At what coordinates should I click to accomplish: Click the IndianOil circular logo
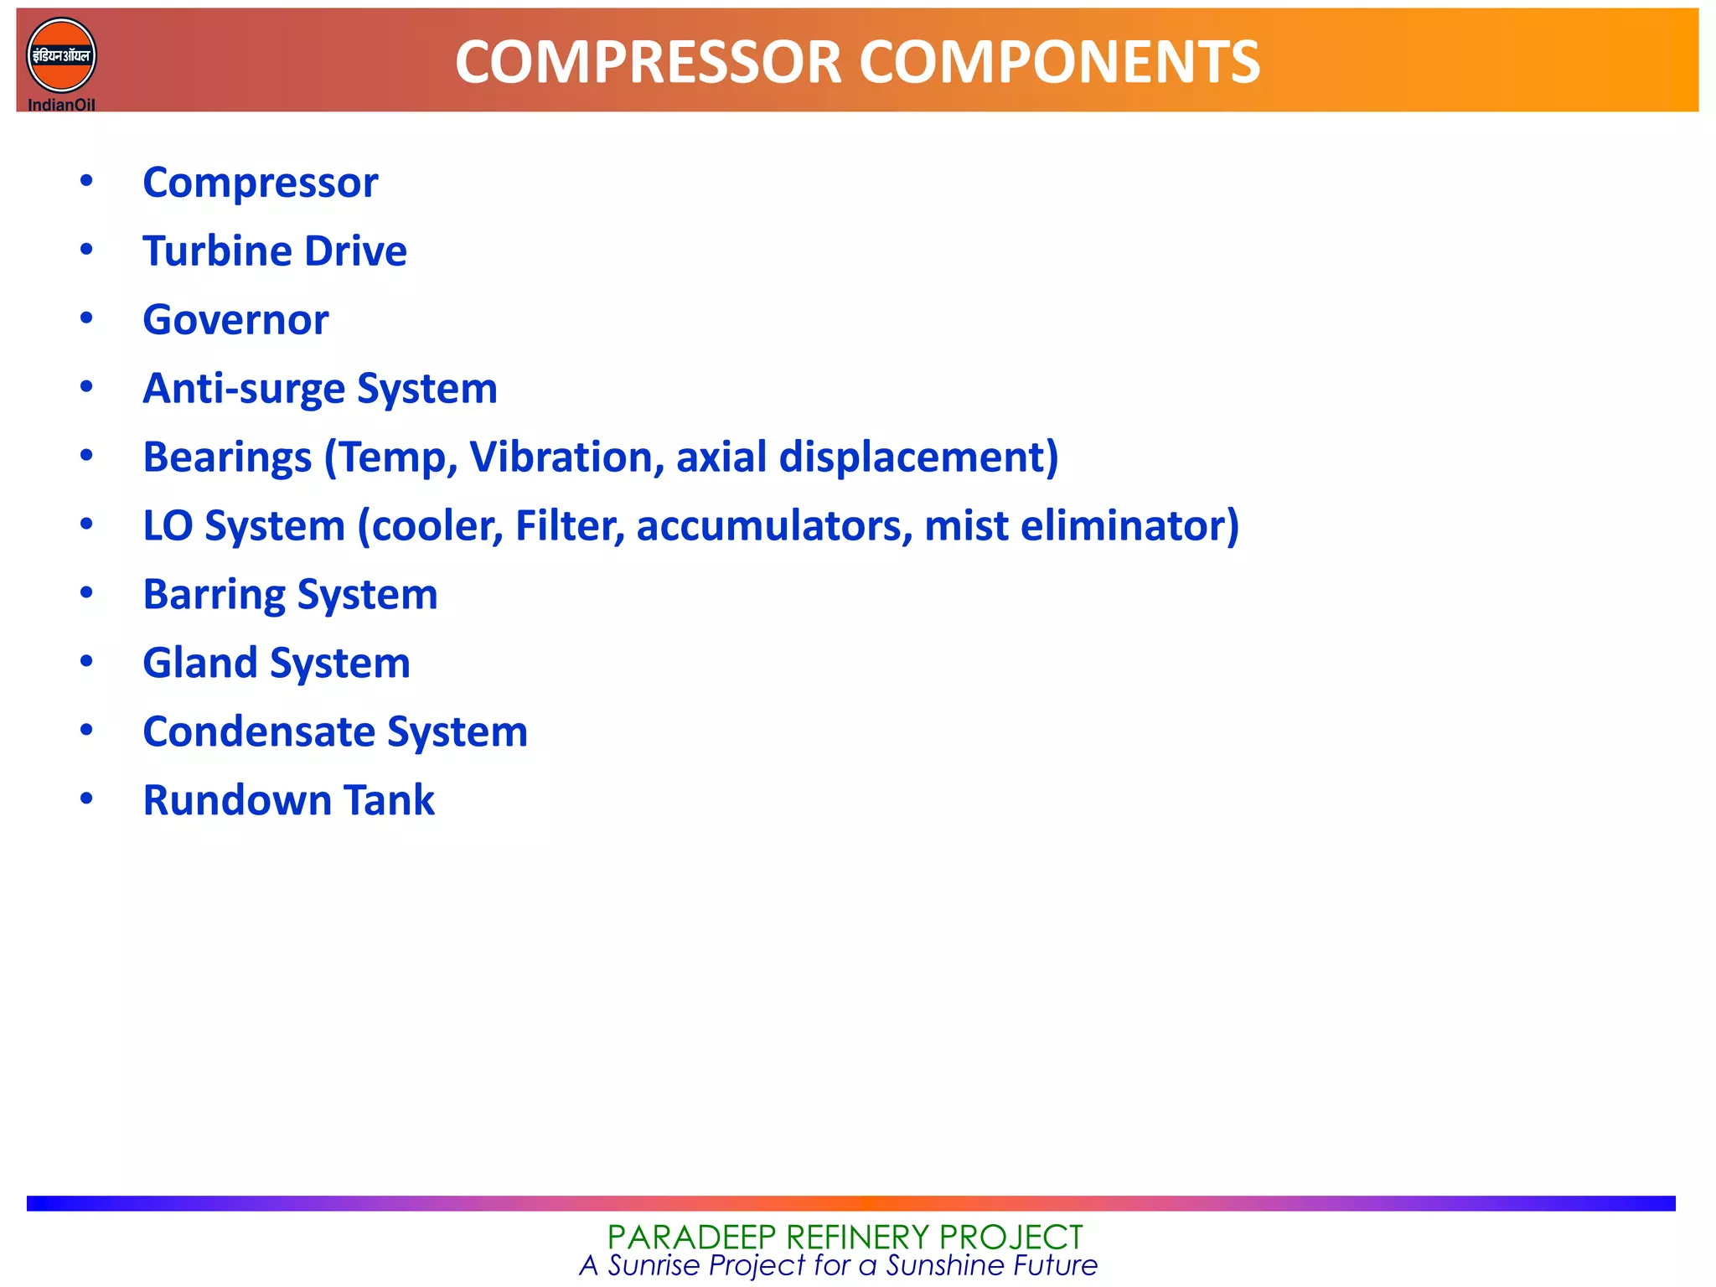point(61,56)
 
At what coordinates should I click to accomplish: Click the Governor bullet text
point(235,320)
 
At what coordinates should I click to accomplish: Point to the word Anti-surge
point(244,389)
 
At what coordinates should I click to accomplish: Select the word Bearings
point(227,457)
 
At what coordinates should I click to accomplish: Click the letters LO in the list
point(168,526)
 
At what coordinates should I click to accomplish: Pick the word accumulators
point(773,526)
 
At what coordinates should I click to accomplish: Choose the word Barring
point(214,595)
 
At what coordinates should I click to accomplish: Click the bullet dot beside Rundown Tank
point(86,799)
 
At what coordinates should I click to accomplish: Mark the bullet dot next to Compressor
point(86,181)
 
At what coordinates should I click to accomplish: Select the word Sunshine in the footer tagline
point(946,1265)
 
